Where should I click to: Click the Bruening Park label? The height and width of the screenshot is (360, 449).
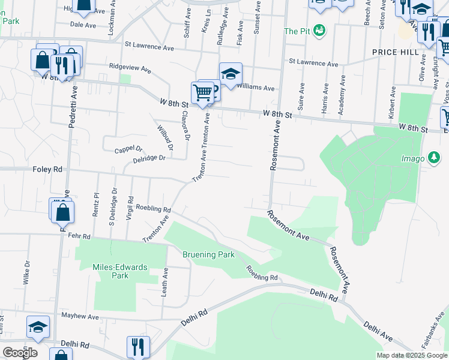pyautogui.click(x=208, y=254)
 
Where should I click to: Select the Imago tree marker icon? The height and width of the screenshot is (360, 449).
pyautogui.click(x=433, y=158)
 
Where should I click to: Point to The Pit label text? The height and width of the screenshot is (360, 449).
pyautogui.click(x=297, y=31)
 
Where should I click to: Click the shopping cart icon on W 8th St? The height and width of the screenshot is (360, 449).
pyautogui.click(x=202, y=93)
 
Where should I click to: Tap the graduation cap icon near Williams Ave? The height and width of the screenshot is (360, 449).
pyautogui.click(x=230, y=74)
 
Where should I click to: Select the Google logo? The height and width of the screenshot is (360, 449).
pyautogui.click(x=20, y=352)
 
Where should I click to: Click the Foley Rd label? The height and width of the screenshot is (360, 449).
pyautogui.click(x=47, y=170)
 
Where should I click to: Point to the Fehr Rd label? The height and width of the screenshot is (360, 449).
pyautogui.click(x=79, y=237)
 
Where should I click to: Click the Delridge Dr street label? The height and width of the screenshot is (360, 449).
pyautogui.click(x=149, y=158)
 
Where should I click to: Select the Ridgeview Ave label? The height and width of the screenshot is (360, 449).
pyautogui.click(x=130, y=68)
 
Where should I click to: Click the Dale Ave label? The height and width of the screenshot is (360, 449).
pyautogui.click(x=83, y=25)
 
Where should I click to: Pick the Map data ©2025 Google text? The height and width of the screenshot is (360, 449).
pyautogui.click(x=411, y=355)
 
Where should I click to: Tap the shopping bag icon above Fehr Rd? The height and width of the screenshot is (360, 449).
pyautogui.click(x=63, y=212)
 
